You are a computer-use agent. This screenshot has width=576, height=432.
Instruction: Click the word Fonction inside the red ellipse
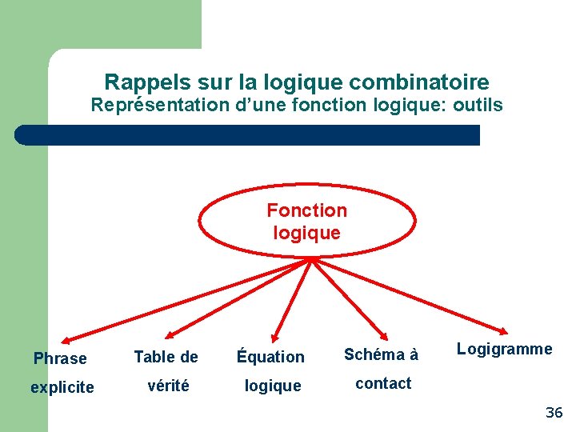click(306, 210)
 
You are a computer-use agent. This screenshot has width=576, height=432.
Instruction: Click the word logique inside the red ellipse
click(306, 233)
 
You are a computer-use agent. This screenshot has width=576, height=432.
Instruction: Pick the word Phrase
click(60, 358)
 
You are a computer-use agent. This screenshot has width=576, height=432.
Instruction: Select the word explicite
click(62, 387)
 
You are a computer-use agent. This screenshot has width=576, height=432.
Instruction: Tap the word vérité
click(169, 385)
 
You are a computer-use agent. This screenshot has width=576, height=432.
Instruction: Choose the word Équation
click(270, 357)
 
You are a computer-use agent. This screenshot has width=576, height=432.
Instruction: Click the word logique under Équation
click(273, 386)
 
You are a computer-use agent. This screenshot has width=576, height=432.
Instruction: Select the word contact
click(383, 383)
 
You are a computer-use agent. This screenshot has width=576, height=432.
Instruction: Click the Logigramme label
click(504, 349)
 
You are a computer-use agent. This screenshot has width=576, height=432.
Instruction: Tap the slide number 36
click(554, 413)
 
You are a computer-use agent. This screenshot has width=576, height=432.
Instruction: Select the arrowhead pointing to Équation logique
click(274, 337)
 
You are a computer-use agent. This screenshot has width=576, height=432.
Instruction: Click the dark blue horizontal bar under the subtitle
click(248, 134)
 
